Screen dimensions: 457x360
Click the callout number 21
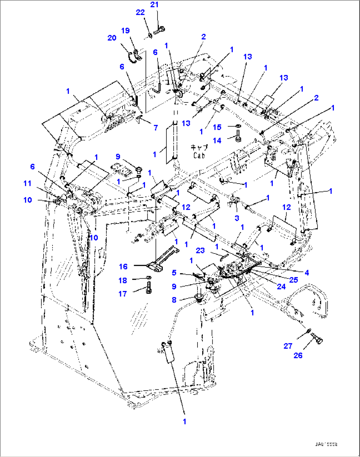(154, 5)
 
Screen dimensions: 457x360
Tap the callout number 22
(140, 12)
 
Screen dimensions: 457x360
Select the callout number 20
(112, 38)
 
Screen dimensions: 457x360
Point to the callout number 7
(156, 128)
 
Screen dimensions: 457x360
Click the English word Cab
(199, 155)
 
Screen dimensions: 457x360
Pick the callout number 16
(123, 266)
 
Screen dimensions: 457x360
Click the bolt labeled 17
(148, 291)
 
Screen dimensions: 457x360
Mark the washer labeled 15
(238, 126)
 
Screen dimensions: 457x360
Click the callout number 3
(237, 218)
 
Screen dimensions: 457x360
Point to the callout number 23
(200, 251)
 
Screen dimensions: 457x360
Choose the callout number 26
(298, 355)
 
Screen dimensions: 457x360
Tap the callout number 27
(288, 346)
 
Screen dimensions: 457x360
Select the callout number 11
(27, 183)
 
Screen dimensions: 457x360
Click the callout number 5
(174, 273)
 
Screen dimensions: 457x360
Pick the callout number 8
(174, 300)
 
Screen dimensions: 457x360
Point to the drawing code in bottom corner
(326, 444)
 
